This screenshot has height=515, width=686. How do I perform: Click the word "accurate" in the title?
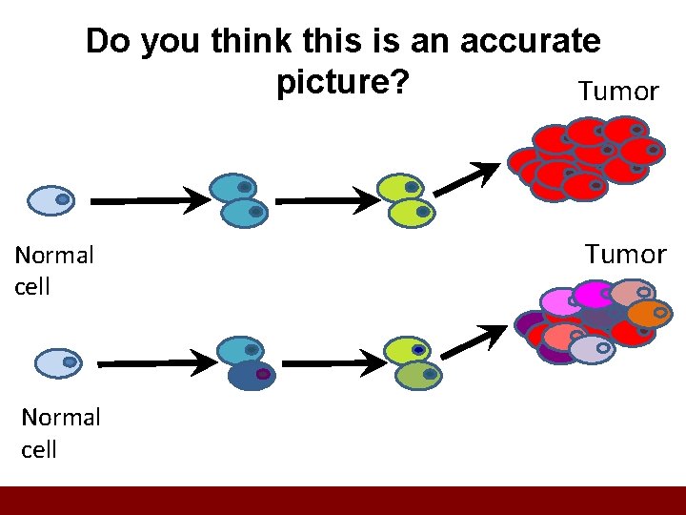point(530,41)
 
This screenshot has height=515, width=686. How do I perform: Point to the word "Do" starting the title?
point(107,41)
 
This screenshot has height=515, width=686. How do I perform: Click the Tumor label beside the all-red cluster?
point(618,92)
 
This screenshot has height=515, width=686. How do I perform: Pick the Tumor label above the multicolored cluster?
point(625,255)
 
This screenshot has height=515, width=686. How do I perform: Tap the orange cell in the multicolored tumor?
point(649,312)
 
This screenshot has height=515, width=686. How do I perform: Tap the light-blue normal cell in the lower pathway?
point(58,362)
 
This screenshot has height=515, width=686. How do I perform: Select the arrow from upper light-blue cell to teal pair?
point(152,201)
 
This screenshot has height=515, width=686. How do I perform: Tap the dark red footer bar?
point(343,501)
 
